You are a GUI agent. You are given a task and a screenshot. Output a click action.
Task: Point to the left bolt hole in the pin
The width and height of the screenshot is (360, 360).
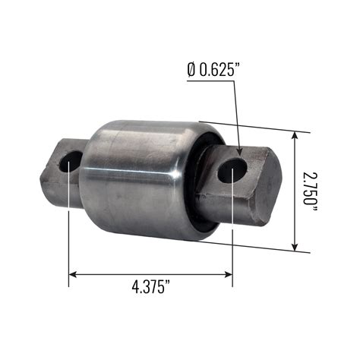tap(71, 161)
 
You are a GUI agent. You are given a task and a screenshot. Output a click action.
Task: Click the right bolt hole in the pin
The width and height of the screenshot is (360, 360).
tap(232, 171)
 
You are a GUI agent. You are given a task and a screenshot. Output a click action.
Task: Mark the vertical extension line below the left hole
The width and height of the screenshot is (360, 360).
tap(70, 235)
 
